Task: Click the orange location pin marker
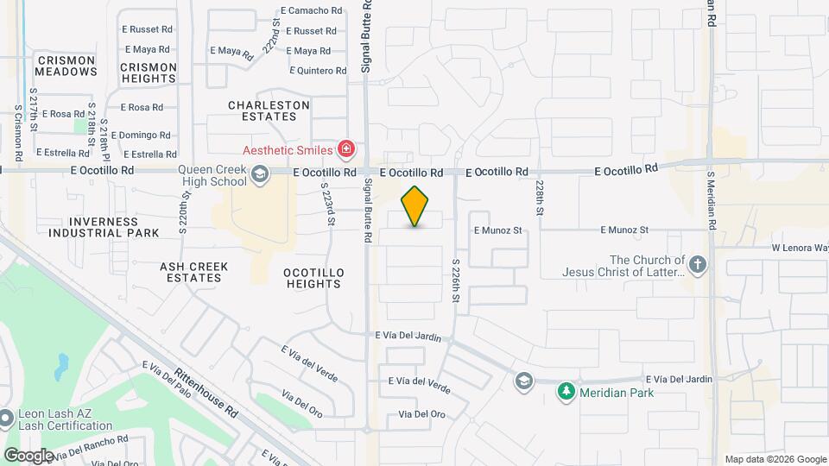click(415, 206)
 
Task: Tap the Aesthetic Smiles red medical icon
click(346, 150)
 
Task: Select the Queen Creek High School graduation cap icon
click(258, 175)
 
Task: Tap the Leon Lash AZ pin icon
click(7, 419)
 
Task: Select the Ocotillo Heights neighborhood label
click(313, 278)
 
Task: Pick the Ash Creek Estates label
click(194, 272)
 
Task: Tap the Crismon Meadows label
click(66, 66)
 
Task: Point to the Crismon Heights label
click(149, 72)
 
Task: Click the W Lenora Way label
click(800, 248)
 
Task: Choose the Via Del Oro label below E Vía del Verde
click(422, 414)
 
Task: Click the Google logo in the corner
click(28, 455)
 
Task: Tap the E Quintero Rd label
click(317, 71)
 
